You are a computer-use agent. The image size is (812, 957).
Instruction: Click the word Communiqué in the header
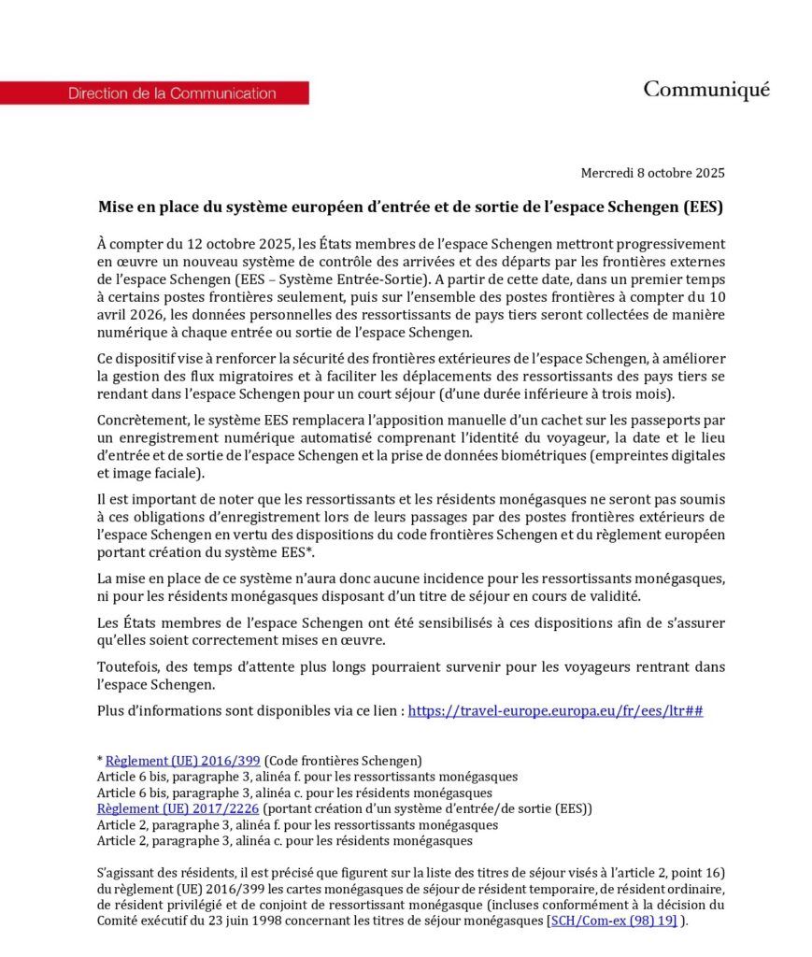click(705, 90)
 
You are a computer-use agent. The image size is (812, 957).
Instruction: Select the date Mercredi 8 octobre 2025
click(652, 173)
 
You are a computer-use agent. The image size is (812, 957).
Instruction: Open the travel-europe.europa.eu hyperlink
click(555, 710)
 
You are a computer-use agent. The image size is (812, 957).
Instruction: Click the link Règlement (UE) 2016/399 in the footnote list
click(183, 760)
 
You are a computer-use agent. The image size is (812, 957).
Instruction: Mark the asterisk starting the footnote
click(100, 759)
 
